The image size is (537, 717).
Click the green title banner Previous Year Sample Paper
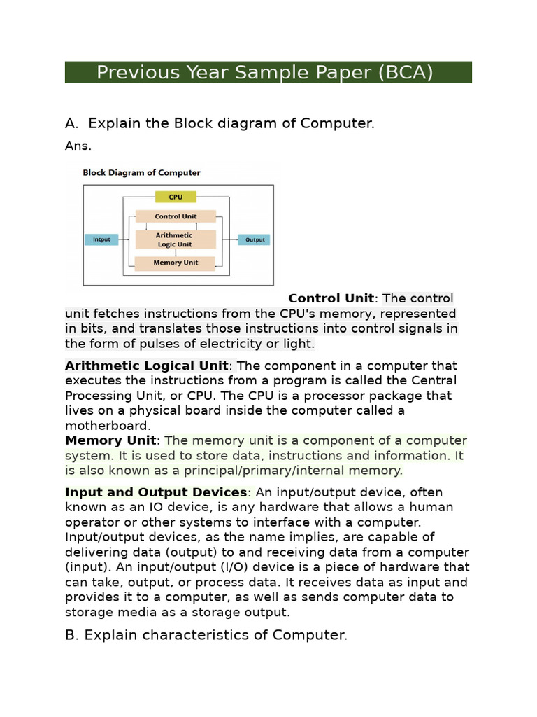coord(268,72)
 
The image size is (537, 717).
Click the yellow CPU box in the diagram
coord(176,197)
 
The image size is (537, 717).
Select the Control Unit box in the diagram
coord(176,217)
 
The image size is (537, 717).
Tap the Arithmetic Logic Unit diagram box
coord(175,239)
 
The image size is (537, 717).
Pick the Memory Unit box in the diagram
coord(176,263)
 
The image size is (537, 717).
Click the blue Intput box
coord(102,239)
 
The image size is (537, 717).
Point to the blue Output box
coord(255,239)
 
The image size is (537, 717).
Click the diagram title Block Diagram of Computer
coord(141,172)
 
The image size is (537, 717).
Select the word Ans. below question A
coord(78,146)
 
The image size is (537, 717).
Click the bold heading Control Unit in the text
coord(331,299)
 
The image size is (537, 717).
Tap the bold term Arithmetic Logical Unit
coord(146,366)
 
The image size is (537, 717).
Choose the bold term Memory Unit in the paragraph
coord(110,440)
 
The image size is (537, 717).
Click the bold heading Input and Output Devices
coord(156,492)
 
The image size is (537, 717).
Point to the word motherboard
coord(107,426)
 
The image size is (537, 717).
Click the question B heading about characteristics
coord(206,635)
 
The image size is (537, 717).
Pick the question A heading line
coord(220,123)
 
